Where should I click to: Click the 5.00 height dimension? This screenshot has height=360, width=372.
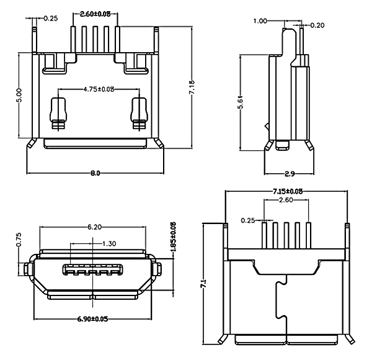pos(19,94)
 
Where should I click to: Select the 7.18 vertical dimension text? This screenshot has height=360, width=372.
pos(192,88)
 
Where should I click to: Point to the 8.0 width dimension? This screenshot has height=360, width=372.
pos(95,173)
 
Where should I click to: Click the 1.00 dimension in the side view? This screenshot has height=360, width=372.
pos(260,20)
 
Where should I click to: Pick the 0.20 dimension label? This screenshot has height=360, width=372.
pos(317,25)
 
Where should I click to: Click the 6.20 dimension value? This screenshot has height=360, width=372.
pos(95,227)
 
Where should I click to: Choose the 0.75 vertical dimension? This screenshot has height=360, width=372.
pos(19,240)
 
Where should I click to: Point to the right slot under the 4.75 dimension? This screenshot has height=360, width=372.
pos(138,110)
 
